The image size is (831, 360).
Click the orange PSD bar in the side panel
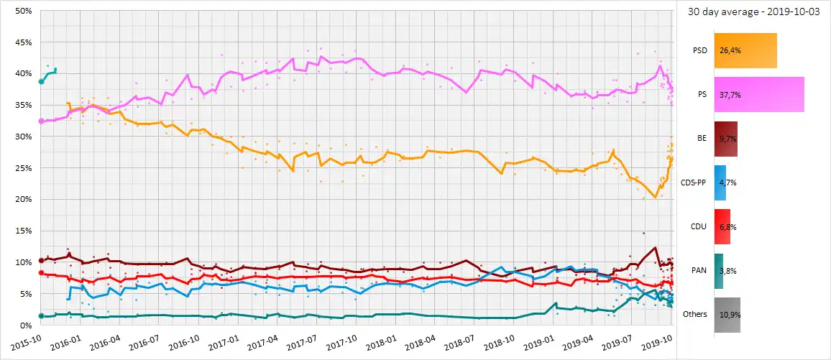(745, 50)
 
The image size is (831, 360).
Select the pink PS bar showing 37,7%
(758, 94)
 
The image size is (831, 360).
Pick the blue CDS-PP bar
(720, 183)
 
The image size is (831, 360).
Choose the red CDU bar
(723, 226)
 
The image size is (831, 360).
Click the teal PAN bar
(719, 270)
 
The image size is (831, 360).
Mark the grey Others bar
(727, 314)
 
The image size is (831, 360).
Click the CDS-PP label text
(694, 183)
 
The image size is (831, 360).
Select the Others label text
(695, 314)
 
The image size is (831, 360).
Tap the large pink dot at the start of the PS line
(41, 121)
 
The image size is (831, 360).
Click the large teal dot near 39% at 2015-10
(41, 82)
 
